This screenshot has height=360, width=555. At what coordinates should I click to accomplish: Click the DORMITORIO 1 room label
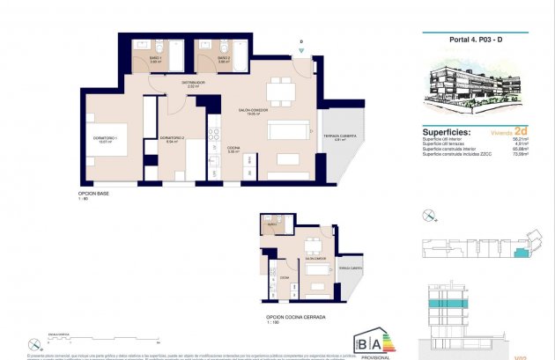[105, 140]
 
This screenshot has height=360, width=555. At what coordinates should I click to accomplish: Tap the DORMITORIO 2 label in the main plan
[172, 139]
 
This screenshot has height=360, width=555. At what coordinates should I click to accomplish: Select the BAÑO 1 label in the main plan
[155, 59]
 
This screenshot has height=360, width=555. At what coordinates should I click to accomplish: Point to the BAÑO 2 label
[224, 59]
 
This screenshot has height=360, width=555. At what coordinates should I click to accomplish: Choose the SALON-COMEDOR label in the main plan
[253, 112]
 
